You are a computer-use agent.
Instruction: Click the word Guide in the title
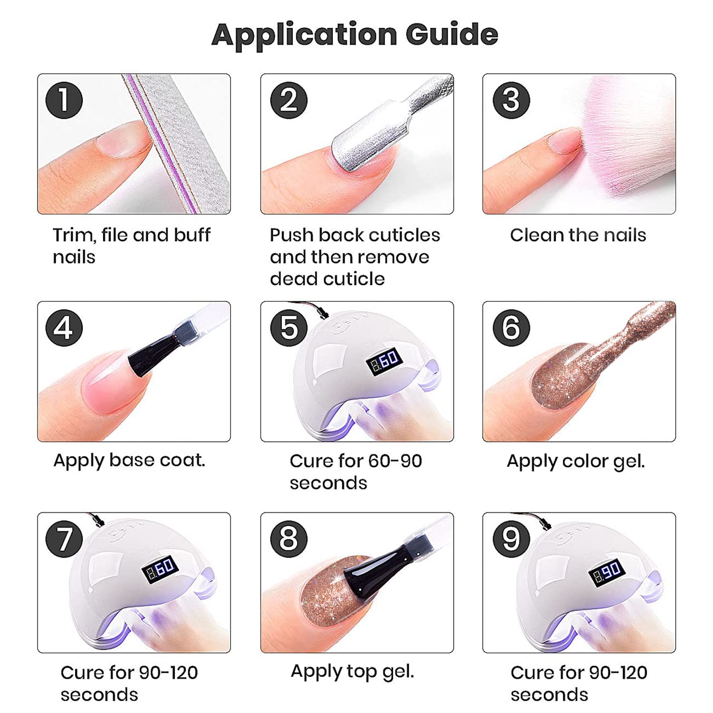pyautogui.click(x=452, y=34)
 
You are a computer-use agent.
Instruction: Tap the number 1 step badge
pyautogui.click(x=64, y=100)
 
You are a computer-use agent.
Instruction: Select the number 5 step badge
pyautogui.click(x=289, y=328)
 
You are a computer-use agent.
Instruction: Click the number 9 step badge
pyautogui.click(x=511, y=539)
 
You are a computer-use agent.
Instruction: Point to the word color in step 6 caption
pyautogui.click(x=585, y=461)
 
